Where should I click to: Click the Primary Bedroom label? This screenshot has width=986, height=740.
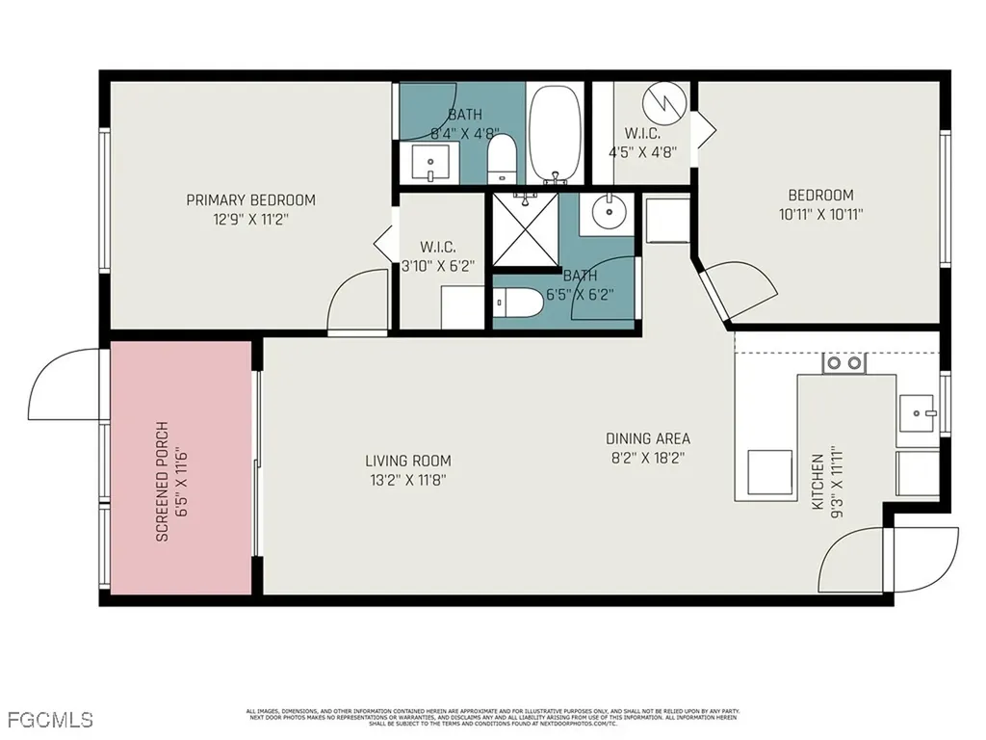coord(250,200)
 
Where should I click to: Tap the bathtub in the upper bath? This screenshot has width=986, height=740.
coord(555,134)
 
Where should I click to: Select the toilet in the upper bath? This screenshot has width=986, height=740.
coord(503,160)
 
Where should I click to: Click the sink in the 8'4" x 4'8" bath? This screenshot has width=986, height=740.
coord(428,163)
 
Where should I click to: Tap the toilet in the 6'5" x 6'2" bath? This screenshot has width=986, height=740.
coord(510,304)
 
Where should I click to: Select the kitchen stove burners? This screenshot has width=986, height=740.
coord(843,364)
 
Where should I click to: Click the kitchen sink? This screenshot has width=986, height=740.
coord(917,413)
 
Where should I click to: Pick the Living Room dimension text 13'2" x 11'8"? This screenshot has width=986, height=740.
coord(407,479)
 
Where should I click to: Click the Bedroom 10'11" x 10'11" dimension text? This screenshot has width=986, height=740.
coord(820,215)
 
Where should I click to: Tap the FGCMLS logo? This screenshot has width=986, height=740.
coord(49,720)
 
